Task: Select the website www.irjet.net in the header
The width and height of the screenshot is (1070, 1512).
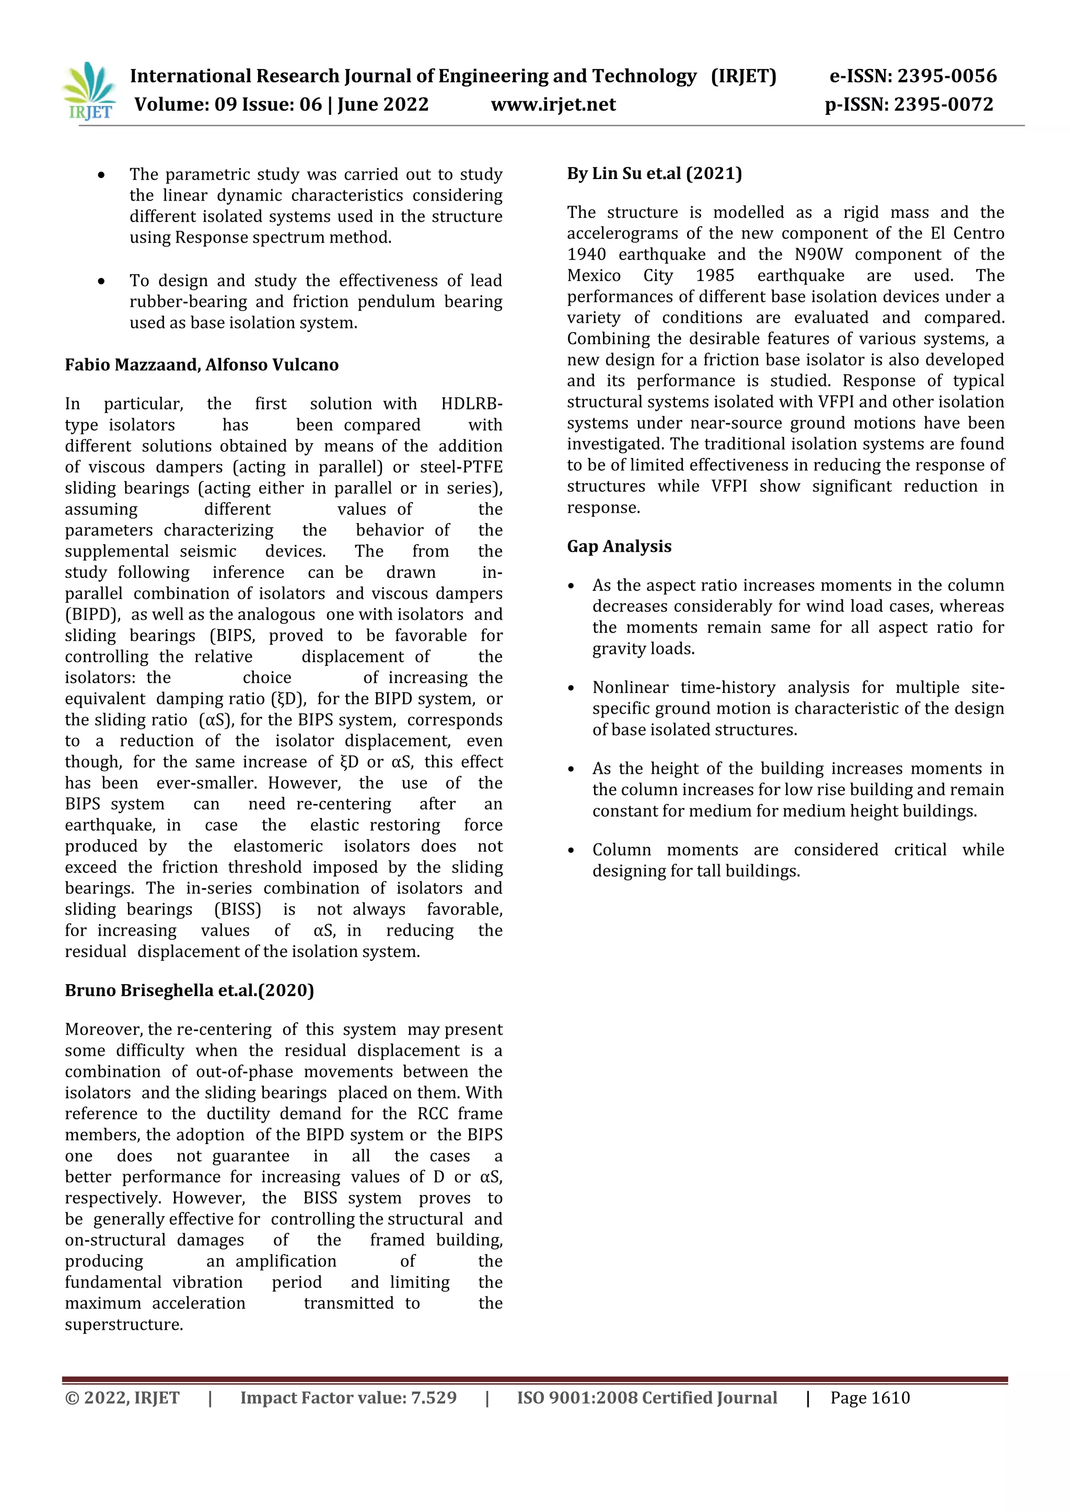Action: (x=553, y=105)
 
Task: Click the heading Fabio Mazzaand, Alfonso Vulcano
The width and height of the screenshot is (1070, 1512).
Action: (x=202, y=365)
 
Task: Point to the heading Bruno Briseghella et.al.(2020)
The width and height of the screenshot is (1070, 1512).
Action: (x=189, y=990)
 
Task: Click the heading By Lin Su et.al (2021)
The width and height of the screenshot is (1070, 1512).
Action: (x=654, y=174)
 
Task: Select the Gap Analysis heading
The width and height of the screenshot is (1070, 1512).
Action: (x=619, y=547)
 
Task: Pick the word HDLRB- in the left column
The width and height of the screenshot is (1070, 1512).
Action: (x=471, y=404)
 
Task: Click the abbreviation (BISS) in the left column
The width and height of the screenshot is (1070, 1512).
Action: (x=237, y=909)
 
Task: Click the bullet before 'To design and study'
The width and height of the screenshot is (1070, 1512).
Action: (x=101, y=282)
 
